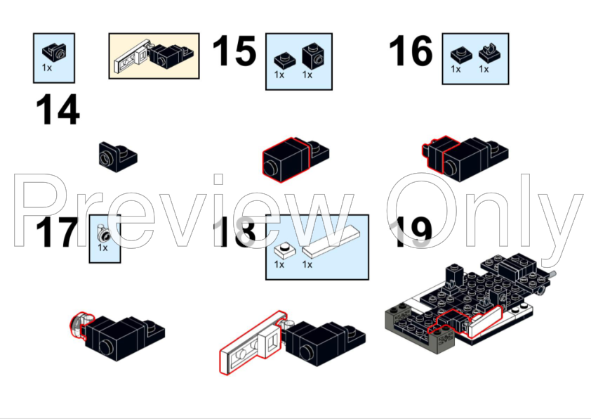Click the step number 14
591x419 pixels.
[x=58, y=110]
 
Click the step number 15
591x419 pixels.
[x=234, y=51]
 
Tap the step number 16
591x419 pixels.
[x=411, y=51]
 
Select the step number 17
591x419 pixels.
[x=57, y=232]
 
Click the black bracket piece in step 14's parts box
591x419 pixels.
[x=54, y=51]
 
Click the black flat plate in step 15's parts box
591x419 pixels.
[x=284, y=60]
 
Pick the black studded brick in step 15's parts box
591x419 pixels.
[x=313, y=56]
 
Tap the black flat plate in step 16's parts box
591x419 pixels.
[x=461, y=55]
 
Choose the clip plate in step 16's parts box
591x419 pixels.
[x=490, y=53]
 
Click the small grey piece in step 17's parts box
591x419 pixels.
[x=102, y=233]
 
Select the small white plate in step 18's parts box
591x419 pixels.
[x=285, y=250]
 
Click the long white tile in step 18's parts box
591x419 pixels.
[x=331, y=242]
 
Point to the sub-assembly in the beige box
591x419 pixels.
[x=154, y=56]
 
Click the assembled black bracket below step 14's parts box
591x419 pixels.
[x=118, y=157]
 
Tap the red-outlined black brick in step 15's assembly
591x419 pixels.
[x=286, y=160]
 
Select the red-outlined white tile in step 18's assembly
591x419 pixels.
[x=253, y=343]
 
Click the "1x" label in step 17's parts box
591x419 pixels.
[x=102, y=247]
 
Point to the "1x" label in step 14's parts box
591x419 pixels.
[x=47, y=67]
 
